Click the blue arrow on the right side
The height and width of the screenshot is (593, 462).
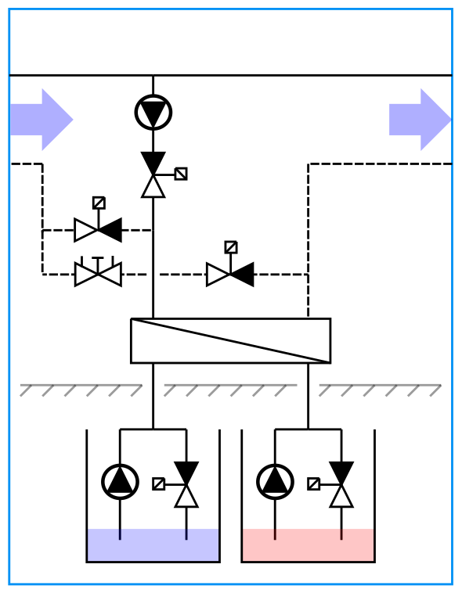click(x=420, y=120)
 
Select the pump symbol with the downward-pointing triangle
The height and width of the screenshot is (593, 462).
click(x=153, y=113)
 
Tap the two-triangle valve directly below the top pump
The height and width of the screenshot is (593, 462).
click(x=153, y=174)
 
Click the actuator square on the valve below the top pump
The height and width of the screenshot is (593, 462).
click(x=181, y=174)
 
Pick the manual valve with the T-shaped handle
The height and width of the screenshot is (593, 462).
click(x=98, y=274)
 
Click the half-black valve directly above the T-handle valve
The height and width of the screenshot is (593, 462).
click(x=98, y=230)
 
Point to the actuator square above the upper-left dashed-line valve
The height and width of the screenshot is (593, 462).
click(x=99, y=203)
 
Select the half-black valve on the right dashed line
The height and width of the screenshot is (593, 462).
click(x=230, y=275)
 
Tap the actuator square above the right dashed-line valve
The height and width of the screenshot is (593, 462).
click(x=231, y=247)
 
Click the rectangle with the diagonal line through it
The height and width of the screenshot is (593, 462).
click(x=230, y=341)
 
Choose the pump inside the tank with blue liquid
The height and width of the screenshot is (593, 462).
click(x=120, y=482)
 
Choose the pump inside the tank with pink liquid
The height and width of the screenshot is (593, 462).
click(x=275, y=482)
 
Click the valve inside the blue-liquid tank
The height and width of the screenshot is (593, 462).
click(x=186, y=484)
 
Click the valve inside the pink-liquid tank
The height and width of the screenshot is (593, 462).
click(x=341, y=484)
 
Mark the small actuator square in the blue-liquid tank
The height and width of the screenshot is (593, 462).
click(x=159, y=483)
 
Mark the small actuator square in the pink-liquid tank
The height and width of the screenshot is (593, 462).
click(x=314, y=483)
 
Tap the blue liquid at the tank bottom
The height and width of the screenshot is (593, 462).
click(x=153, y=545)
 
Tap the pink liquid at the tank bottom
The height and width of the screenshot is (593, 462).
click(x=308, y=545)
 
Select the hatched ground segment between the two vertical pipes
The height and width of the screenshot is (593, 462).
click(x=230, y=390)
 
